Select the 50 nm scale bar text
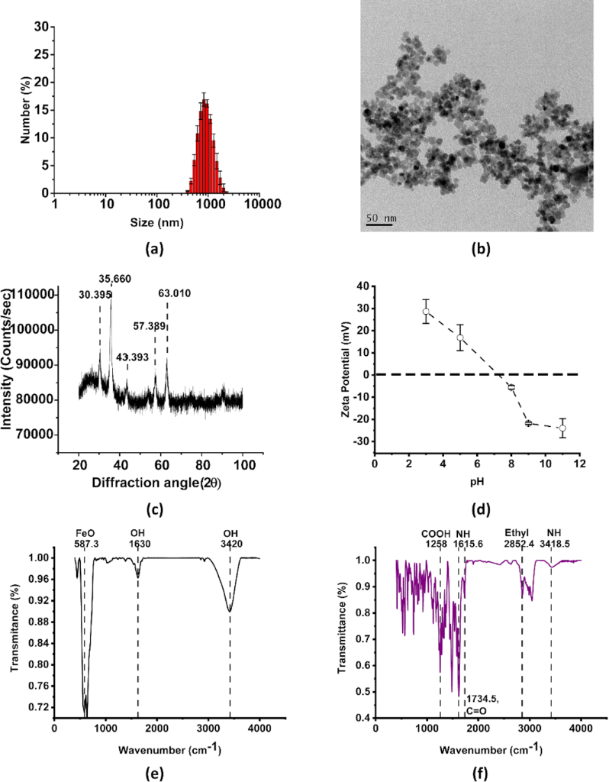379,218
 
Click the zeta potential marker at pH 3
426,312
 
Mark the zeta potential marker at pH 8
511,387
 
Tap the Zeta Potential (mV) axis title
346,370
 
